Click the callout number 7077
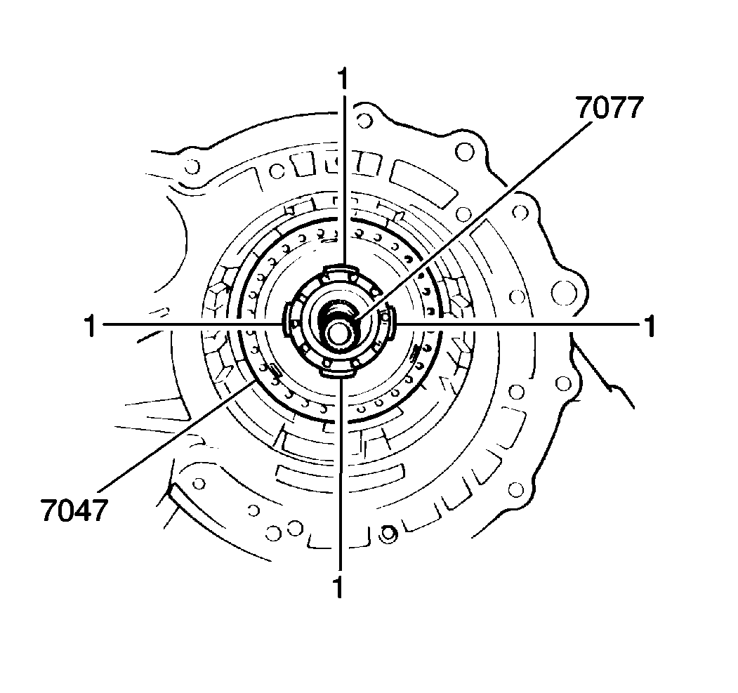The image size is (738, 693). pos(609,108)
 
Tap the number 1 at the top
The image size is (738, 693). pos(343,79)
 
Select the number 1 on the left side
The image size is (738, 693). pos(90,326)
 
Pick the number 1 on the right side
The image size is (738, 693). pos(649,326)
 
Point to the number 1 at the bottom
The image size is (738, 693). pos(338,586)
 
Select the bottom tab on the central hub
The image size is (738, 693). pos(337,371)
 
